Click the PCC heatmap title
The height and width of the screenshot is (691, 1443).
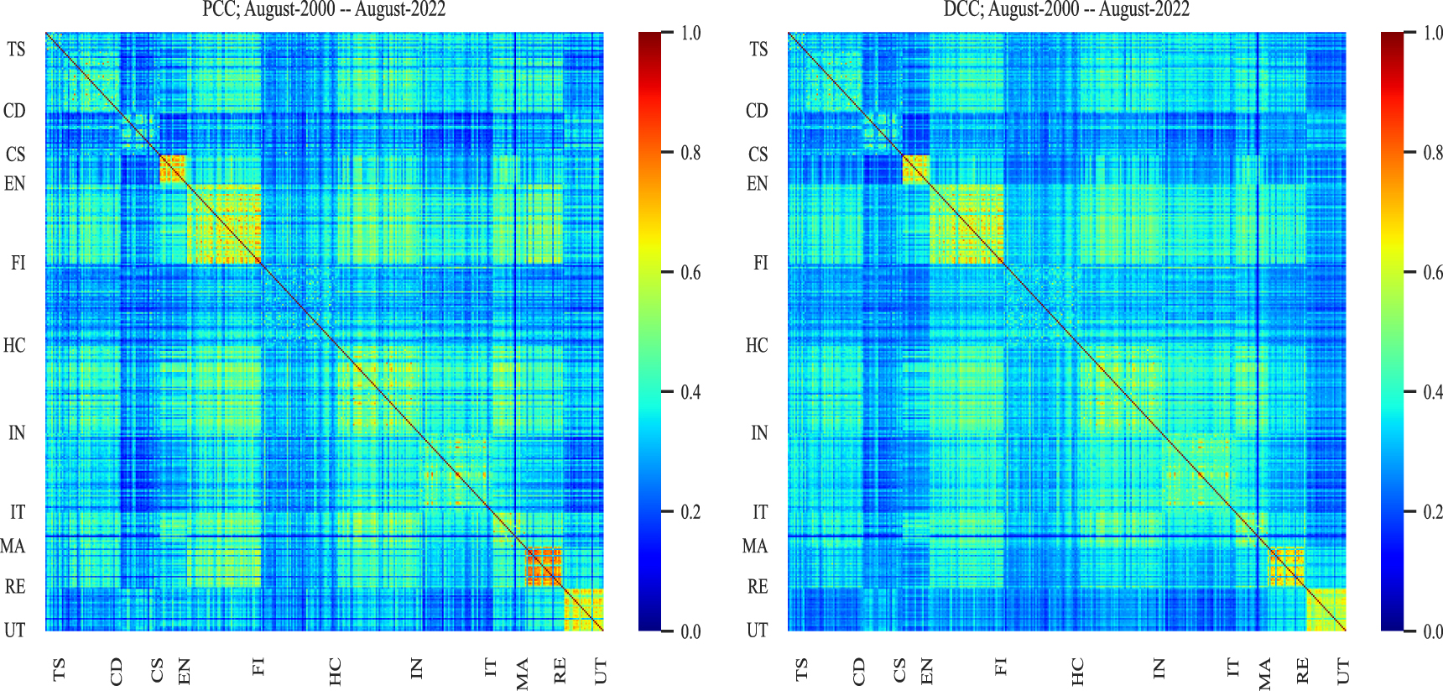point(324,9)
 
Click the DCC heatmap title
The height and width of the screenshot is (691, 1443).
point(1066,9)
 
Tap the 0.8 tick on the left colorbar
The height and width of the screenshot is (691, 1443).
point(690,153)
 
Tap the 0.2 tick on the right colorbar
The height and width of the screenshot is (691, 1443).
point(1432,511)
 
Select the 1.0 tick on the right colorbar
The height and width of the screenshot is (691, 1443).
point(1432,33)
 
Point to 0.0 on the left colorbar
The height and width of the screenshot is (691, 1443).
point(690,631)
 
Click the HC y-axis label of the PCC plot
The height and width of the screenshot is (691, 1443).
point(14,345)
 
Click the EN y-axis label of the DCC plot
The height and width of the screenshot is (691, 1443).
point(757,184)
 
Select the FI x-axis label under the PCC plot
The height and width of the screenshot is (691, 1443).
point(258,667)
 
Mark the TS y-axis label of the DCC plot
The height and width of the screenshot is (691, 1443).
point(758,50)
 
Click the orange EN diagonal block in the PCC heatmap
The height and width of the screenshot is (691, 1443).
point(173,169)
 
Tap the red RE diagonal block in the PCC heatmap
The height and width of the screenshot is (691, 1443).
point(543,566)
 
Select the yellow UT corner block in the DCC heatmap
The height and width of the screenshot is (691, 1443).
point(1326,610)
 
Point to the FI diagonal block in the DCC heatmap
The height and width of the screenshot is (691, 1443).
point(966,223)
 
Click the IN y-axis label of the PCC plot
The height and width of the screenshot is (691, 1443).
point(17,432)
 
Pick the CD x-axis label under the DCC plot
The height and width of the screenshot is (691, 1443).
point(858,671)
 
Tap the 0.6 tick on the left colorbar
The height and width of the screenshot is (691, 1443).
point(690,272)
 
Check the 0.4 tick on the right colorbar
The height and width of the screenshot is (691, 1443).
point(1432,392)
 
